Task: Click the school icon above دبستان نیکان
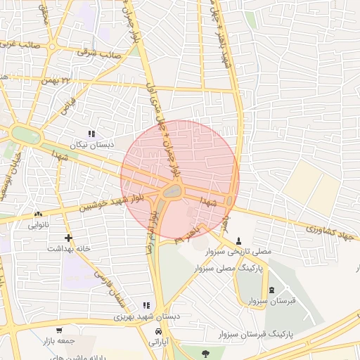(91, 134)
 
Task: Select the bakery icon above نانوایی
(38, 214)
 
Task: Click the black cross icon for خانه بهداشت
(68, 238)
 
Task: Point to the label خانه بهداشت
(67, 249)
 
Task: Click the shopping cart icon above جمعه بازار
(59, 330)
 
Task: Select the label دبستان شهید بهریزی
(148, 316)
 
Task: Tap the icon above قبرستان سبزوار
(271, 290)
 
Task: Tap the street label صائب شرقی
(101, 53)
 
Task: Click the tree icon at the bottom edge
(205, 354)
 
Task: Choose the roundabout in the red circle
(171, 190)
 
